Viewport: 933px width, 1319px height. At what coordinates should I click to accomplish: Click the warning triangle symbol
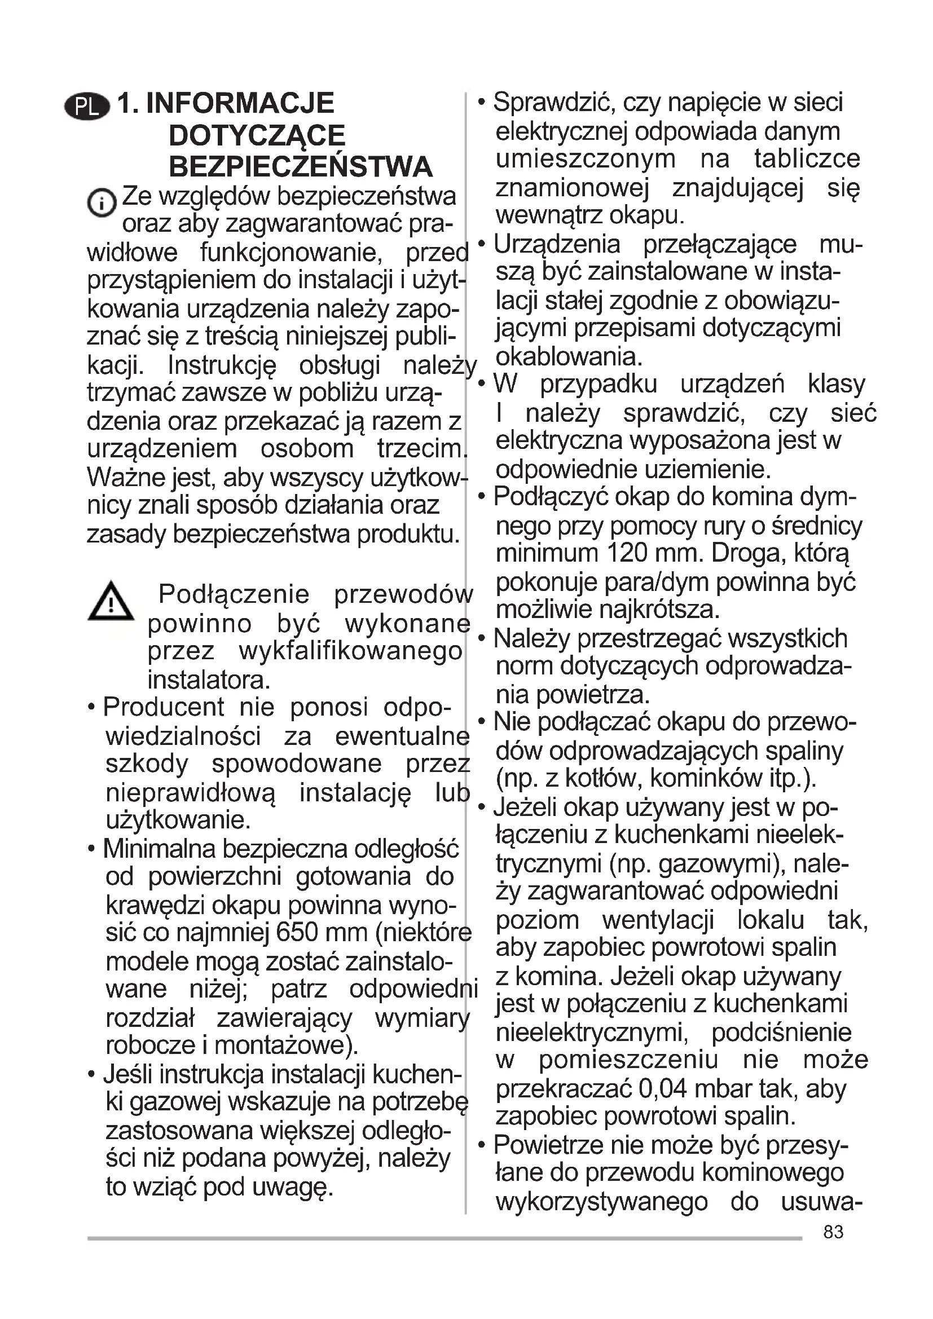[x=111, y=602]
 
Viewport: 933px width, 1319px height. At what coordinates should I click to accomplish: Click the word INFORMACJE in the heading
[x=240, y=103]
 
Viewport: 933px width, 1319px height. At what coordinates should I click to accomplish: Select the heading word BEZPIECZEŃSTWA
[x=300, y=167]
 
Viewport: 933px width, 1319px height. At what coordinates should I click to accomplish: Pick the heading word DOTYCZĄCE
[x=257, y=135]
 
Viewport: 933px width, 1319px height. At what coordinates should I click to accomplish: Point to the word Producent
[x=164, y=707]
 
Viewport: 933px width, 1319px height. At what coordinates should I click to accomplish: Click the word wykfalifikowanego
[x=350, y=651]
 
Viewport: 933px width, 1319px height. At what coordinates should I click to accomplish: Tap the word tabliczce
[x=807, y=159]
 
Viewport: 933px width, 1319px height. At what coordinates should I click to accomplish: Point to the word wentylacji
[x=657, y=920]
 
